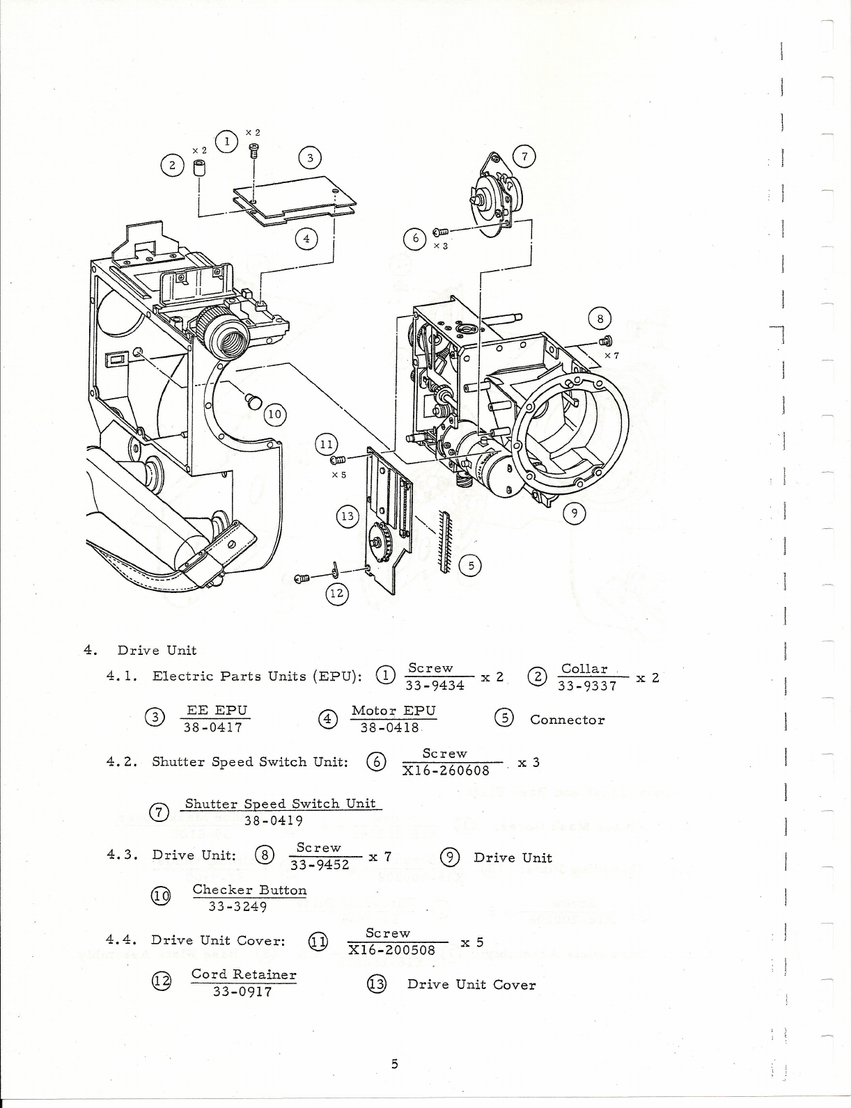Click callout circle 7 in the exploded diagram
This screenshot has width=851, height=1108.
[x=524, y=157]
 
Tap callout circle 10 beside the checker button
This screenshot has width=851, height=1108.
[x=275, y=414]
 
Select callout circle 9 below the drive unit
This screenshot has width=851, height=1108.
[x=574, y=514]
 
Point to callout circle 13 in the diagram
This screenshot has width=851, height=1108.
[x=347, y=516]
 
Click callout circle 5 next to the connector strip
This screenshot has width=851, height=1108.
[x=471, y=565]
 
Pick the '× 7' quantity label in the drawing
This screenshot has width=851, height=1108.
[x=611, y=355]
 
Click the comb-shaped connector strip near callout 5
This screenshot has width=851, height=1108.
[x=444, y=540]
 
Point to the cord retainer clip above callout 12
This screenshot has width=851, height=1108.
[x=335, y=569]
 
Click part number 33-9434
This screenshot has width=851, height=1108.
[x=435, y=686]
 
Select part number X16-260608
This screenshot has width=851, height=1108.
[x=446, y=770]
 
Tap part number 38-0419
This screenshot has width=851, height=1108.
[x=273, y=820]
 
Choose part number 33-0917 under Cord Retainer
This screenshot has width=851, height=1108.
[x=242, y=991]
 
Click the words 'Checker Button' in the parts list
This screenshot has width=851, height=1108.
[x=249, y=889]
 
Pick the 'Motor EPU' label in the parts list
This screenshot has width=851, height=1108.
[x=393, y=711]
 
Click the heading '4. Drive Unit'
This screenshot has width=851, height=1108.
[x=140, y=650]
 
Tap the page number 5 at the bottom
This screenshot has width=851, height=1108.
[x=394, y=1063]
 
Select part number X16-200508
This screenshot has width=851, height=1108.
[x=392, y=950]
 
